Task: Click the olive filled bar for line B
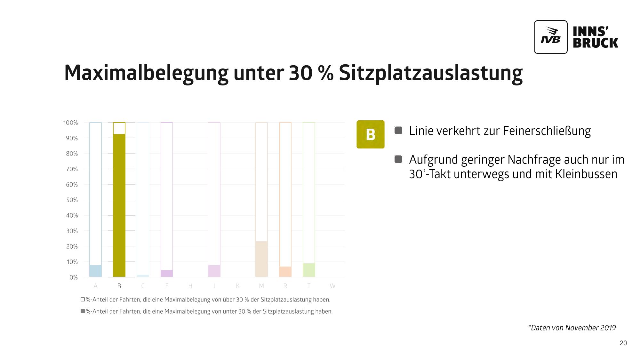tap(119, 205)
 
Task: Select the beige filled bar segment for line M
tap(261, 259)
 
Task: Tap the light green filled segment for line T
tap(309, 270)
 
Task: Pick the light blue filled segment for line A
tap(95, 271)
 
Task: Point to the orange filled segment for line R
tap(285, 272)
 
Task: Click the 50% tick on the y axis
tap(72, 200)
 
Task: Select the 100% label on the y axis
tap(71, 123)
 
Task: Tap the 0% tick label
tap(74, 277)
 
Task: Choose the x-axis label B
tap(119, 286)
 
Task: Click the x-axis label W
tap(332, 286)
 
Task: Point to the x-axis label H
tap(190, 286)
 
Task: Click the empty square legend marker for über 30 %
tap(83, 300)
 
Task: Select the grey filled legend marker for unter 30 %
tap(83, 311)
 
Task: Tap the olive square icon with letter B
tap(370, 134)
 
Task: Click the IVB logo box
tap(550, 37)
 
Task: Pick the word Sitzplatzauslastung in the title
tap(430, 73)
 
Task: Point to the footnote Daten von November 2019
tap(573, 328)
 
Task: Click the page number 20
tap(623, 343)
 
